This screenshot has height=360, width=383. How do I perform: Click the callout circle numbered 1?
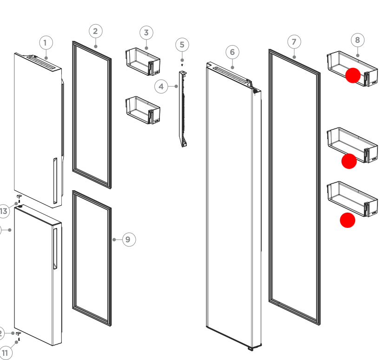pyautogui.click(x=45, y=43)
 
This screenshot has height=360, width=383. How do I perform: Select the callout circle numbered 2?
pyautogui.click(x=95, y=31)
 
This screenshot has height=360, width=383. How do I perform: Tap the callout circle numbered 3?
pyautogui.click(x=146, y=33)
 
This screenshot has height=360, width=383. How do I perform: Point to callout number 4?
pyautogui.click(x=161, y=86)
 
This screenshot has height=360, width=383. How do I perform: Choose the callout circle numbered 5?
pyautogui.click(x=182, y=45)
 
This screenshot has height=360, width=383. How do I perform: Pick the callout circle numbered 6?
pyautogui.click(x=232, y=52)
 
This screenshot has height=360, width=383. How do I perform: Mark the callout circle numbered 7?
pyautogui.click(x=294, y=42)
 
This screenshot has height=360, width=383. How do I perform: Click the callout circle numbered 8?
pyautogui.click(x=357, y=40)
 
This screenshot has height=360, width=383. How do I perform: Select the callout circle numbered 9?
pyautogui.click(x=129, y=240)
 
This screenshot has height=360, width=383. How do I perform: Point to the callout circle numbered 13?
pyautogui.click(x=4, y=211)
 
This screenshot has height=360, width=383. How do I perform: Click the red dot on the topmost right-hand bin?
pyautogui.click(x=353, y=75)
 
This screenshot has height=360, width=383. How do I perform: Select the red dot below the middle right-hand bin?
pyautogui.click(x=349, y=161)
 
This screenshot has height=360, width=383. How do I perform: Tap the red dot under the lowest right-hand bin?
pyautogui.click(x=348, y=220)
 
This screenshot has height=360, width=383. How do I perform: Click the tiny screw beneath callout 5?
pyautogui.click(x=182, y=65)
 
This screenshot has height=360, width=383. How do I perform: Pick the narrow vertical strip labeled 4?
pyautogui.click(x=182, y=109)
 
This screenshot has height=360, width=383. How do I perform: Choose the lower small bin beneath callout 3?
pyautogui.click(x=142, y=110)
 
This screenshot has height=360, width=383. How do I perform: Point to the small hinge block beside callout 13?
pyautogui.click(x=20, y=197)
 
